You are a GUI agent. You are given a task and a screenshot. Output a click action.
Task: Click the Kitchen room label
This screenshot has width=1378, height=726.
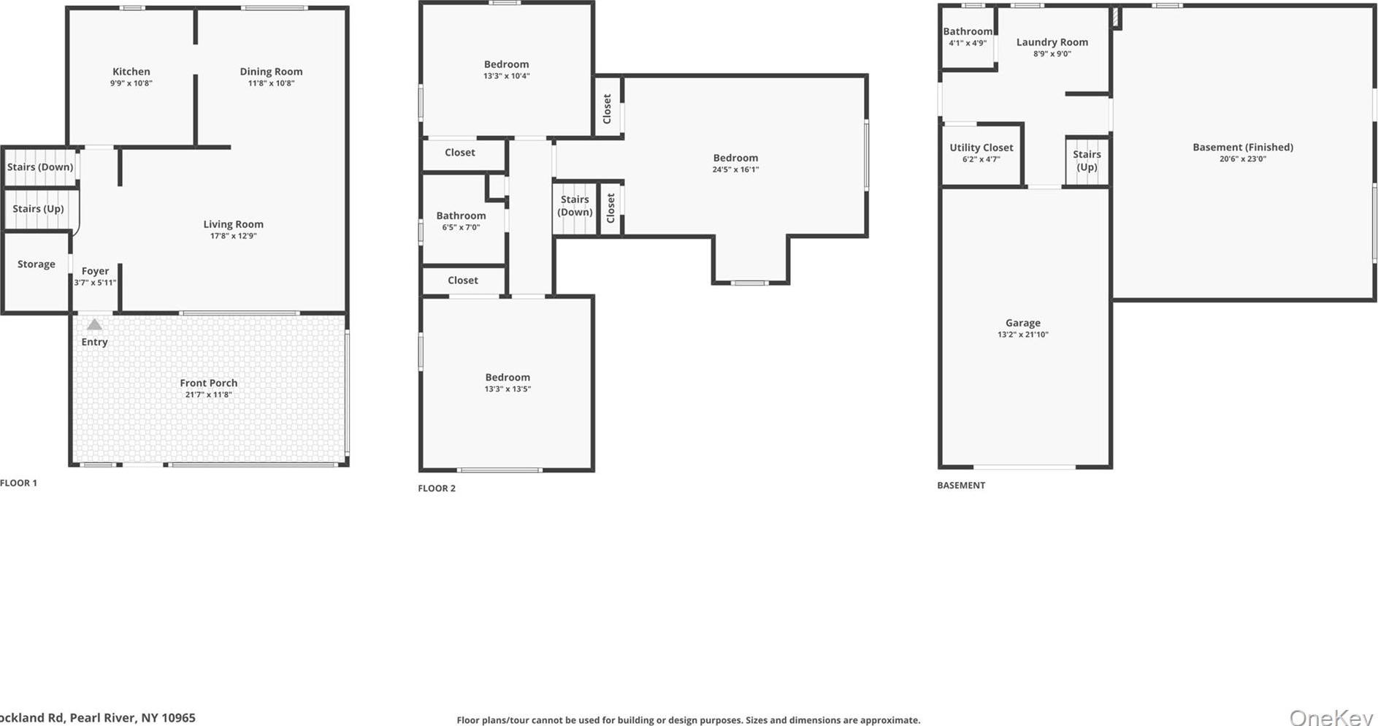coord(131,72)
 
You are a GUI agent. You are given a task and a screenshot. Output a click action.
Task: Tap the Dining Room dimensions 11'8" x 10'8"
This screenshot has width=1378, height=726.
coord(271,83)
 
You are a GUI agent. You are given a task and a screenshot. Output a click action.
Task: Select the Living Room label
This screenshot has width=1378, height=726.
coord(233,224)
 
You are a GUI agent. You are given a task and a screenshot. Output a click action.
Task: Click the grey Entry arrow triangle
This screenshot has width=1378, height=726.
coord(94,324)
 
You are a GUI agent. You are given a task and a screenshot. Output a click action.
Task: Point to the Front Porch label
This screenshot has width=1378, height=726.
coord(209,383)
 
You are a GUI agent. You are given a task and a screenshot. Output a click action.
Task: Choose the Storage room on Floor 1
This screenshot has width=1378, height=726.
coord(37,264)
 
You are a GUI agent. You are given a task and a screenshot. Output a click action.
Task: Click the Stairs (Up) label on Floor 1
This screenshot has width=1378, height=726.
coord(38,209)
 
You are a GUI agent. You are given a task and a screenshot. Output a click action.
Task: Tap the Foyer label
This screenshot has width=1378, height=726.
coord(95,271)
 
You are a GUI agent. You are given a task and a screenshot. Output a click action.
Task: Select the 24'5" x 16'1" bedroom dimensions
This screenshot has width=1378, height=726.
coord(735,169)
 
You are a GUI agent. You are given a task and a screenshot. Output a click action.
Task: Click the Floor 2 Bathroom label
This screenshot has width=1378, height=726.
coord(461,215)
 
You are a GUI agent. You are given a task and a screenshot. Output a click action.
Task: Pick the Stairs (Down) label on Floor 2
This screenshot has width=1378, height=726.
coord(575,205)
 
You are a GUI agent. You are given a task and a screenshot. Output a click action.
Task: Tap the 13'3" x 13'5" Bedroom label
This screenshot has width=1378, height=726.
coord(508,378)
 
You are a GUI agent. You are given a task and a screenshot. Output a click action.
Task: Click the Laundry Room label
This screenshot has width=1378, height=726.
coord(1052,42)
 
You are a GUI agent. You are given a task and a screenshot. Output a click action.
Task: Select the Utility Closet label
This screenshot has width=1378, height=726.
coord(981,148)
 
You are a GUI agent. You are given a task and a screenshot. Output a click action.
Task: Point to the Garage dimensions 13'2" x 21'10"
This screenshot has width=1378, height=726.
coord(1022,335)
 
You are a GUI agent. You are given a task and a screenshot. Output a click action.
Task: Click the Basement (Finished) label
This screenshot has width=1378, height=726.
coord(1242,147)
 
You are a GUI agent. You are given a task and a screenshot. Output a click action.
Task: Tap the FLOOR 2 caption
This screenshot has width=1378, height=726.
coord(437,488)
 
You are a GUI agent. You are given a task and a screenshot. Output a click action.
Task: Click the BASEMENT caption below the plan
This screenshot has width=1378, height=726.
coord(961,485)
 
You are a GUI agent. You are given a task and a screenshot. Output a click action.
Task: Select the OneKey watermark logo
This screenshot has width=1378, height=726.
coord(1331,717)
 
